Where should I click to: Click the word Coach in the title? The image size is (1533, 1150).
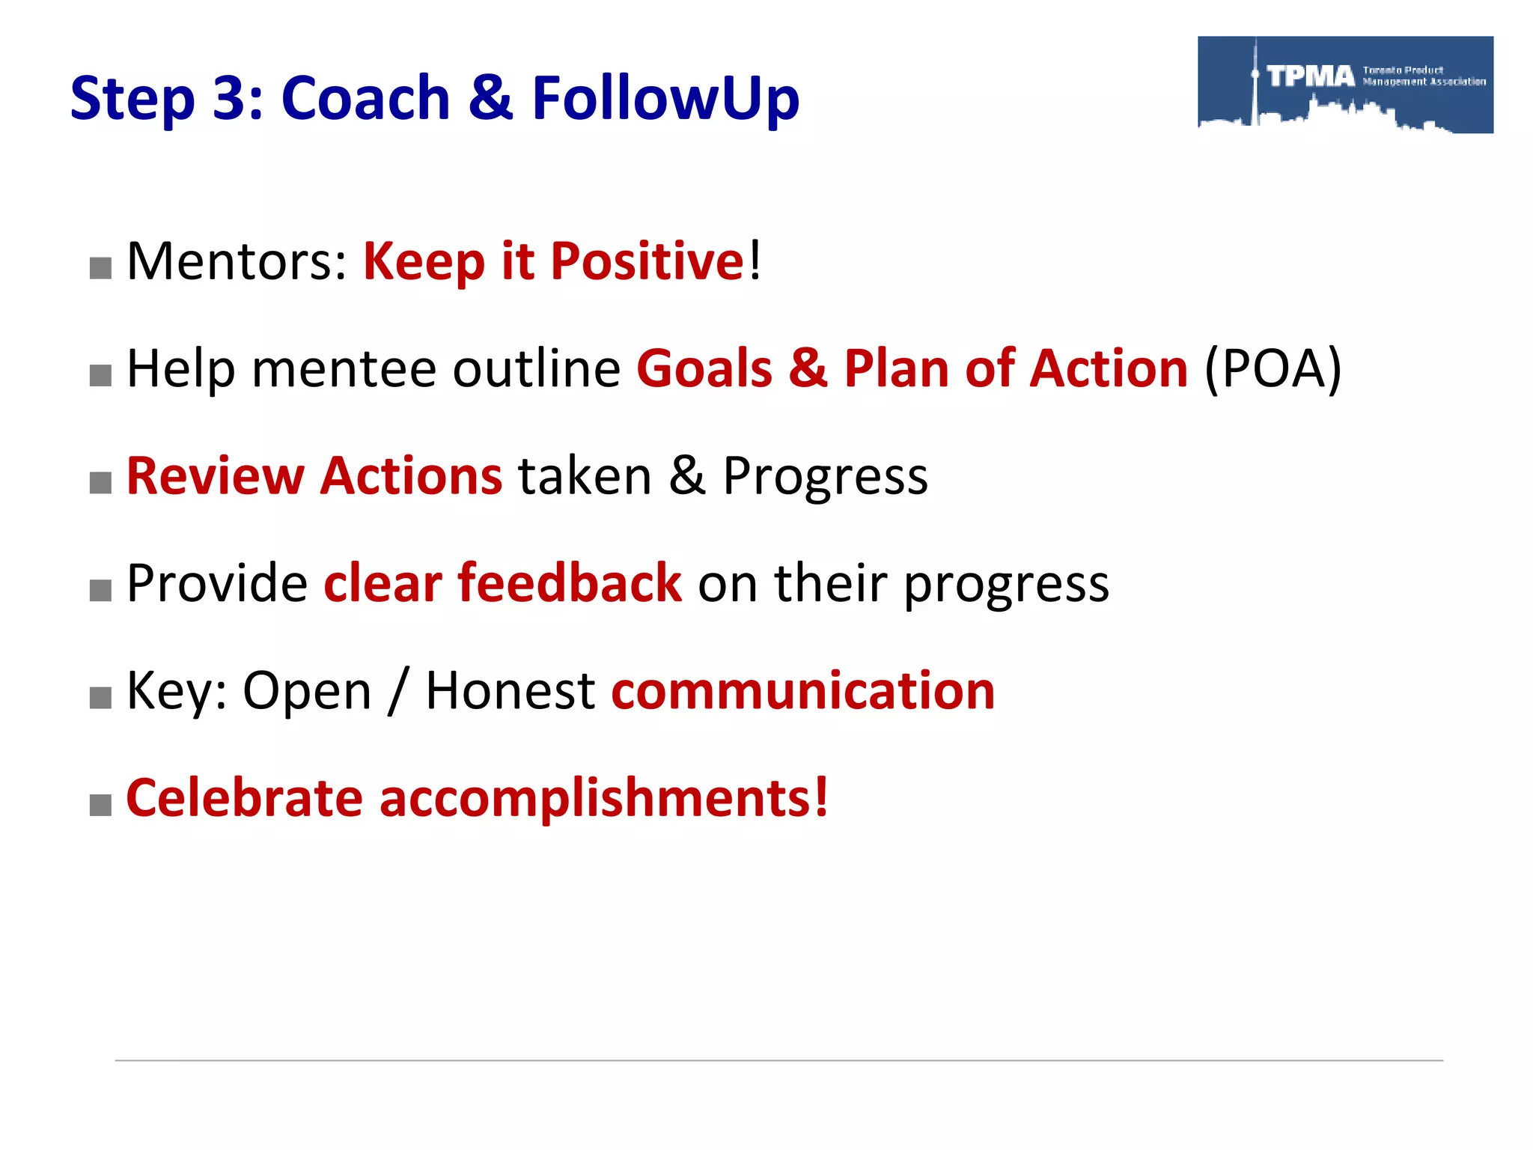pos(365,98)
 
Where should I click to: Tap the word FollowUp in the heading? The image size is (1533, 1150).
pos(665,98)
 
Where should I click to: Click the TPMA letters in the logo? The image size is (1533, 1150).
pos(1311,76)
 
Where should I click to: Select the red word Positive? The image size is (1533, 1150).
pos(647,261)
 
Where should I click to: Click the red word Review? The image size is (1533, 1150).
pos(215,476)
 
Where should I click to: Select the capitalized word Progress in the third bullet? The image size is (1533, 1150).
pos(825,476)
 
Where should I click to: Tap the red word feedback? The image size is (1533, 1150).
pos(570,583)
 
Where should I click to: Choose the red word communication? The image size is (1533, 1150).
pos(803,690)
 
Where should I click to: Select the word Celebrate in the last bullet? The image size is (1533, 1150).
pos(245,797)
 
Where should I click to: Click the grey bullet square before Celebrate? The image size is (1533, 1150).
pos(100,806)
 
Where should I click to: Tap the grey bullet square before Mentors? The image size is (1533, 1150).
pos(100,268)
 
